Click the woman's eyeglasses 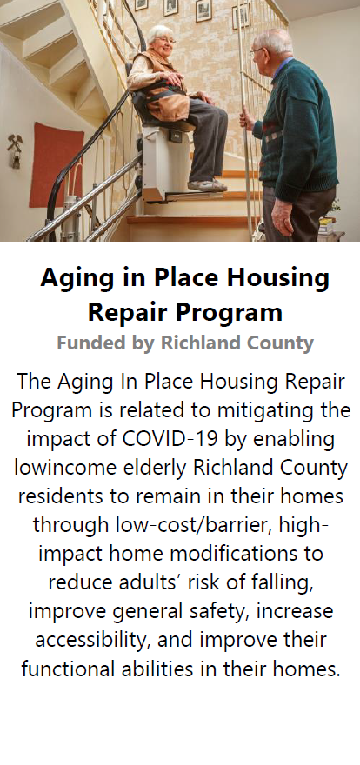point(166,41)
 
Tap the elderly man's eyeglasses point(256,51)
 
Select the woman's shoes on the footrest point(207,185)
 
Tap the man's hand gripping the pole point(247,120)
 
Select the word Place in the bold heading point(186,277)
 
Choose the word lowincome point(65,467)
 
